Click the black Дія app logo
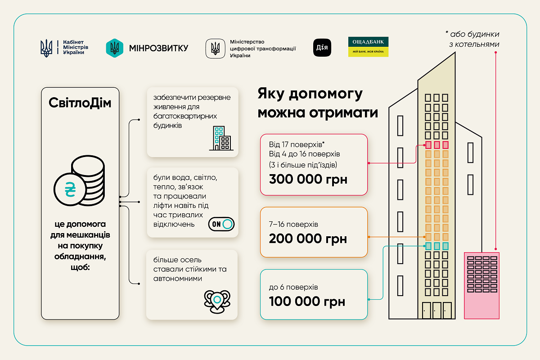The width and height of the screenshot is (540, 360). pyautogui.click(x=322, y=48)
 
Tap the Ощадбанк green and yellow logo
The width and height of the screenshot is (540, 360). pyautogui.click(x=368, y=47)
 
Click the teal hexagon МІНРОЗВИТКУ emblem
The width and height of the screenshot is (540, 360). pyautogui.click(x=114, y=48)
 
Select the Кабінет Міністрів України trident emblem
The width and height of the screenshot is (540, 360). pyautogui.click(x=46, y=48)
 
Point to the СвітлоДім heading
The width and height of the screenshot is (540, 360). pyautogui.click(x=80, y=103)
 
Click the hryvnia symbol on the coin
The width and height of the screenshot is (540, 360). pyautogui.click(x=70, y=189)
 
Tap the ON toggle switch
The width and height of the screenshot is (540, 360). pyautogui.click(x=221, y=224)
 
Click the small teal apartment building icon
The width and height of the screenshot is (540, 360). pyautogui.click(x=221, y=139)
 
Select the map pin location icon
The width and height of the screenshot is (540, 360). pyautogui.click(x=217, y=301)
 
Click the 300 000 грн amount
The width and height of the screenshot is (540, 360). pyautogui.click(x=308, y=179)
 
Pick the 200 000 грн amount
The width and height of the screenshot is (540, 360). pyautogui.click(x=308, y=238)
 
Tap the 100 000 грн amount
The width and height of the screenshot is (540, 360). pyautogui.click(x=307, y=301)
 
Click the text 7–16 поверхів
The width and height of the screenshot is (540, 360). pyautogui.click(x=293, y=225)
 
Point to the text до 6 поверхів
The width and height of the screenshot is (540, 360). pyautogui.click(x=293, y=287)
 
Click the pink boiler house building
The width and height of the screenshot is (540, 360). pyautogui.click(x=481, y=286)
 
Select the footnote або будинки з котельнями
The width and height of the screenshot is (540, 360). pyautogui.click(x=473, y=39)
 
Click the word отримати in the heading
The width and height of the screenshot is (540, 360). pyautogui.click(x=343, y=112)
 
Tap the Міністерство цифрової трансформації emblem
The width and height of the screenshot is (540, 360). pyautogui.click(x=215, y=49)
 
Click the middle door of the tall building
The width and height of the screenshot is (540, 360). pyautogui.click(x=436, y=310)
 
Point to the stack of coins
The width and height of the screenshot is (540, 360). pyautogui.click(x=88, y=180)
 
